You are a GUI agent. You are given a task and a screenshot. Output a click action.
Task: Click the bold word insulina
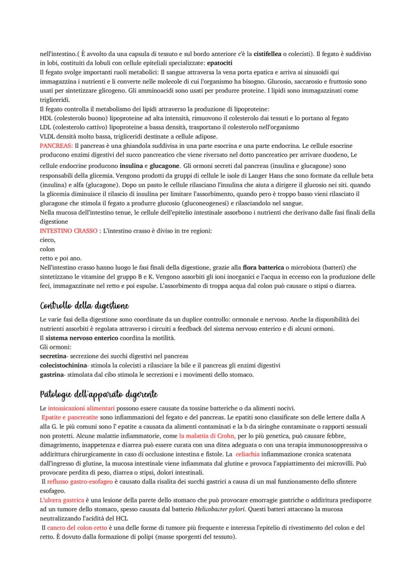pyautogui.click(x=131, y=165)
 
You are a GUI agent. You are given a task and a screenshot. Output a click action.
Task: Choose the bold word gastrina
pyautogui.click(x=53, y=374)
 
